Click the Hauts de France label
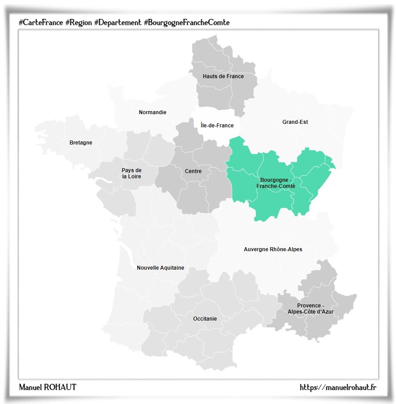(x=223, y=76)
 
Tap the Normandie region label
(x=152, y=112)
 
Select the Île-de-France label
(x=217, y=126)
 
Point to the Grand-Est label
(x=295, y=122)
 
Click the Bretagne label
(x=81, y=143)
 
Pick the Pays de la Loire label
(x=132, y=173)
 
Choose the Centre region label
(x=193, y=171)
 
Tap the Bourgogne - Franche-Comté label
(x=275, y=183)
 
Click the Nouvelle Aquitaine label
(x=160, y=268)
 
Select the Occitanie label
(x=205, y=319)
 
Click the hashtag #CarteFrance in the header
(x=40, y=22)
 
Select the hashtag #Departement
(x=117, y=22)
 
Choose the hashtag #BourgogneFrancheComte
(x=187, y=22)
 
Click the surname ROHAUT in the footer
(x=59, y=387)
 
